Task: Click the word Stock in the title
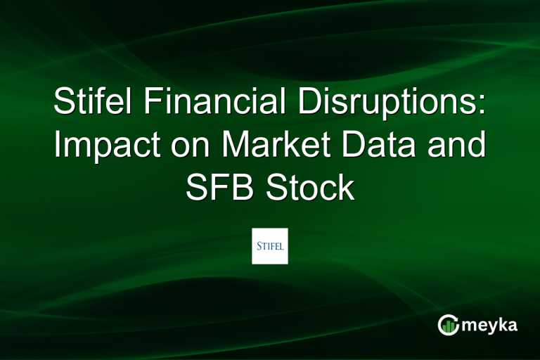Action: (311, 188)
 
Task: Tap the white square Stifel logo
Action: (270, 245)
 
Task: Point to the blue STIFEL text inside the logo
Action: (270, 245)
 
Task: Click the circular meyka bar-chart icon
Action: (449, 324)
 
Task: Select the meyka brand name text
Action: (491, 325)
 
